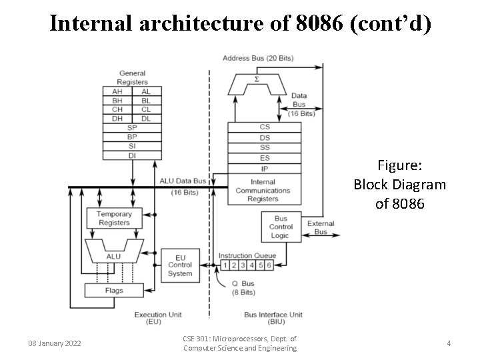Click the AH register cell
coord(117,91)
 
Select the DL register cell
coord(146,118)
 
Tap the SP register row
coord(132,127)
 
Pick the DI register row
coord(132,155)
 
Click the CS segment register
coord(265,127)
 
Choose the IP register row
coord(265,169)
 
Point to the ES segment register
coord(265,159)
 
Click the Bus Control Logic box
coord(280,227)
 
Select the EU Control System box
coord(180,265)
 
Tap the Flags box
coord(113,291)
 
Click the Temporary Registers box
coord(114,218)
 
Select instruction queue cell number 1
coord(225,265)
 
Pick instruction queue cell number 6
coord(269,265)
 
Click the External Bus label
coord(321,228)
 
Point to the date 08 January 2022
coord(55,343)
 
